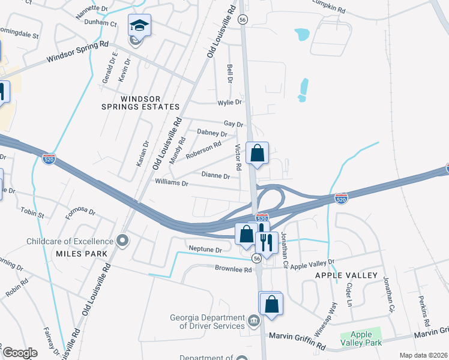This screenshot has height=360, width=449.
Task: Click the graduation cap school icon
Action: click(139, 25)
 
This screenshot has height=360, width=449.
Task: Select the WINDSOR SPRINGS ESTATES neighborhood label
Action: click(141, 103)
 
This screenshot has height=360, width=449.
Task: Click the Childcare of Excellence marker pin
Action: click(123, 241)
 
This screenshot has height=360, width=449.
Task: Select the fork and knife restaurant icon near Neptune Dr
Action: click(265, 241)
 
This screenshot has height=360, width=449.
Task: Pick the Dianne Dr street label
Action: click(216, 176)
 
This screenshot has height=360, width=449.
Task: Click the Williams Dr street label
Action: click(172, 181)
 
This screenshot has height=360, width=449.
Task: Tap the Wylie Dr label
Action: click(230, 102)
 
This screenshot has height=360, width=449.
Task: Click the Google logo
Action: click(20, 352)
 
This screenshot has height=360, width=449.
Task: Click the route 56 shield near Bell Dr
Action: click(242, 20)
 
